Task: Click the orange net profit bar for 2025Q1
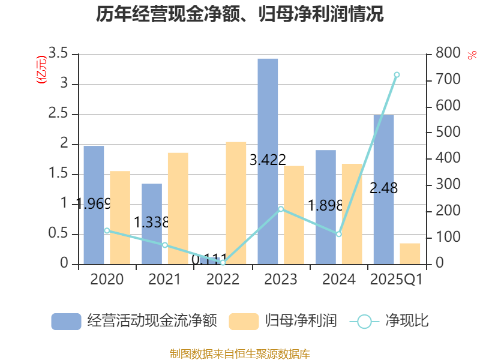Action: [410, 253]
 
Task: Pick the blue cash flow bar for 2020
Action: [94, 205]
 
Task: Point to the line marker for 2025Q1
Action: [397, 74]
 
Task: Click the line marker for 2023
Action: [281, 209]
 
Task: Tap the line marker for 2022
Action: [223, 263]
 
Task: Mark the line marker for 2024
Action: [338, 234]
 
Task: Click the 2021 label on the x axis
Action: [164, 280]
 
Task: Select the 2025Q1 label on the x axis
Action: [397, 280]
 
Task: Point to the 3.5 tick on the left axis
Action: [59, 54]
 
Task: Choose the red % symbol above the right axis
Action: [472, 55]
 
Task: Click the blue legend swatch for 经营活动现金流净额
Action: [66, 321]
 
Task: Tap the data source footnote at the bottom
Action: [240, 353]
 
